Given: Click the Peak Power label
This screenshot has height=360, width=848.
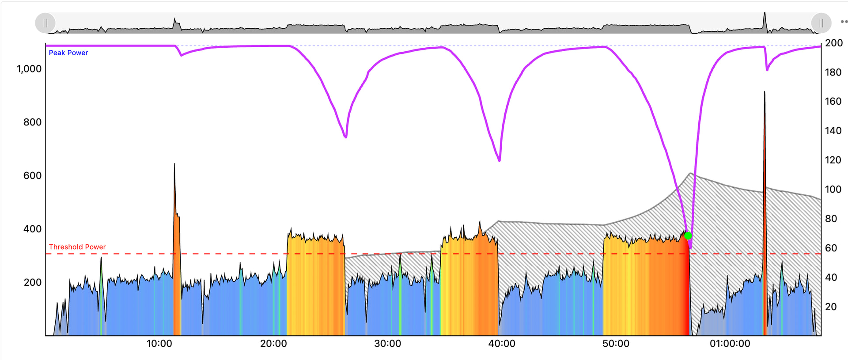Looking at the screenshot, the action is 68,53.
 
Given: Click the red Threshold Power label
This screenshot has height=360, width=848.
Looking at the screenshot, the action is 77,247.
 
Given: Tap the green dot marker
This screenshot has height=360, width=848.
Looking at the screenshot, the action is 688,236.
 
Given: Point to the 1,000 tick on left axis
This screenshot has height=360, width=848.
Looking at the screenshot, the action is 29,69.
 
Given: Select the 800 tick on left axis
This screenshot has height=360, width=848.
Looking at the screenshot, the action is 32,122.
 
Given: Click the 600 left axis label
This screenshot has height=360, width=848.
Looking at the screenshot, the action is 32,175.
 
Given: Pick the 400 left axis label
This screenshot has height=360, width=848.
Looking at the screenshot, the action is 32,229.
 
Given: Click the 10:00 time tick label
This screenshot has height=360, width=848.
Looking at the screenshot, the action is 159,344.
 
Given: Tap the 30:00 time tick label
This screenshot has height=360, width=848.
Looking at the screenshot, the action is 388,344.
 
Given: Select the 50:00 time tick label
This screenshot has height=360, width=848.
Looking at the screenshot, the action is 616,344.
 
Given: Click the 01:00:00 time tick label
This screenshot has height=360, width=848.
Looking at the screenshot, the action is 730,344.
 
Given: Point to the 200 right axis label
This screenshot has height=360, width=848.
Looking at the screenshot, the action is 834,43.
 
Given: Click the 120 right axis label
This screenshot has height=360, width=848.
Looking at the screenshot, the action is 833,160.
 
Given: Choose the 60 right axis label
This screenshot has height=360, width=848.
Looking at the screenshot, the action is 831,248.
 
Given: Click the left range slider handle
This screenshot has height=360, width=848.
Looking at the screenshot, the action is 45,23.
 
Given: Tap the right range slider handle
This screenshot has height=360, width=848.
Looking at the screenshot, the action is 821,23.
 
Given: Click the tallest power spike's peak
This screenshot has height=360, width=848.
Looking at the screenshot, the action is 765,92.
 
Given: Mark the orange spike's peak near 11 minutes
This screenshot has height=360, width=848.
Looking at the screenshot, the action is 174,164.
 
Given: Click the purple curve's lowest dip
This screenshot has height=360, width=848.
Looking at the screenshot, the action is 690,247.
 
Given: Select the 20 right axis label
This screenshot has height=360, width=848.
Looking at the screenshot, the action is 831,307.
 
